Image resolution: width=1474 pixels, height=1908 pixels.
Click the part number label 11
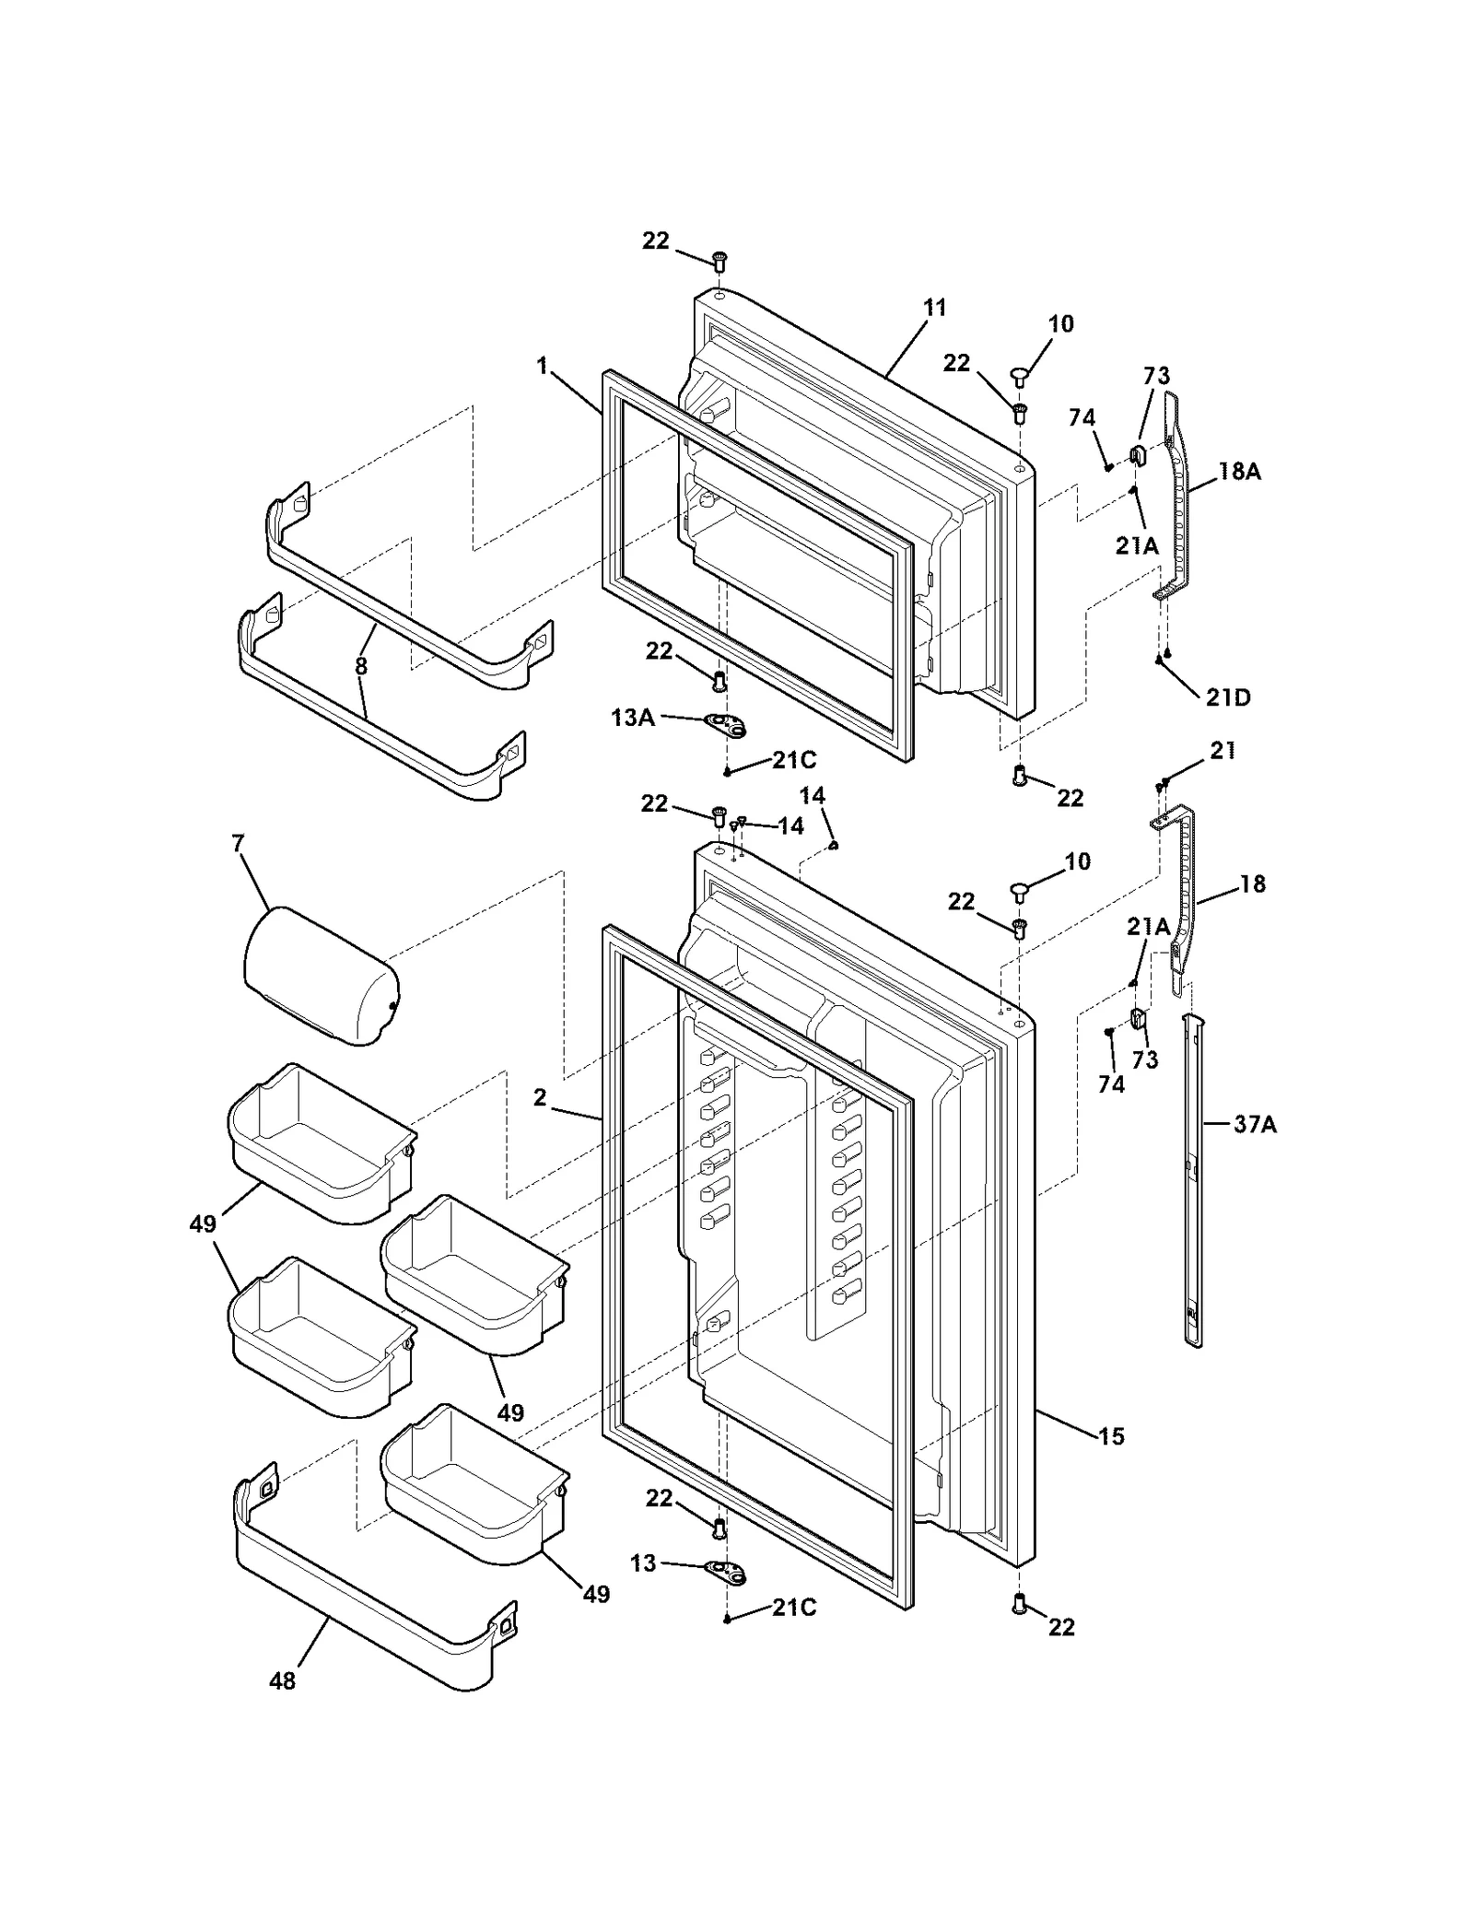click(934, 308)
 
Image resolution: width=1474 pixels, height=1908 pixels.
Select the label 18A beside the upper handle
click(1239, 472)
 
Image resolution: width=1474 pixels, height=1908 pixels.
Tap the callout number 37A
click(1255, 1124)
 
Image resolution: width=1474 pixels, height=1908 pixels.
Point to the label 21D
click(1228, 697)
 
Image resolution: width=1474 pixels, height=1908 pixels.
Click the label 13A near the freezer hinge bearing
click(633, 717)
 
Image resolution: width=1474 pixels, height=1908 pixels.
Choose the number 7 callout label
click(239, 843)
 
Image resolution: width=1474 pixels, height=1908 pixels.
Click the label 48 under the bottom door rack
click(283, 1681)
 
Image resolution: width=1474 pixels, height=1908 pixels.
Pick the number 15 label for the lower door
click(1111, 1436)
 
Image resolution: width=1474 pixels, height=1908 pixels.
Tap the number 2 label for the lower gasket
click(540, 1097)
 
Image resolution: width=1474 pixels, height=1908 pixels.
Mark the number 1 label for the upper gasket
click(543, 367)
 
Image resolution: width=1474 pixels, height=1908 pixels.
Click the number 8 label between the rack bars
click(361, 665)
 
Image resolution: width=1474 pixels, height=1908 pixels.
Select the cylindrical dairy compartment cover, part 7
click(321, 975)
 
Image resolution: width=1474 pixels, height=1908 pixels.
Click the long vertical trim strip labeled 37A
click(1192, 1179)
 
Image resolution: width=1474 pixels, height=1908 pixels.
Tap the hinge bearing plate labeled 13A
click(725, 726)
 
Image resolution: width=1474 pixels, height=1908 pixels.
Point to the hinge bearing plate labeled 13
click(726, 1573)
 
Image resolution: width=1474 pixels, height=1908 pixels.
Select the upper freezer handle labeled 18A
click(1176, 497)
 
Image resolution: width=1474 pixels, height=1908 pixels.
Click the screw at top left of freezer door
click(720, 262)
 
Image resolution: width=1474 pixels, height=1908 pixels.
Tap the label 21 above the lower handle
click(1222, 751)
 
